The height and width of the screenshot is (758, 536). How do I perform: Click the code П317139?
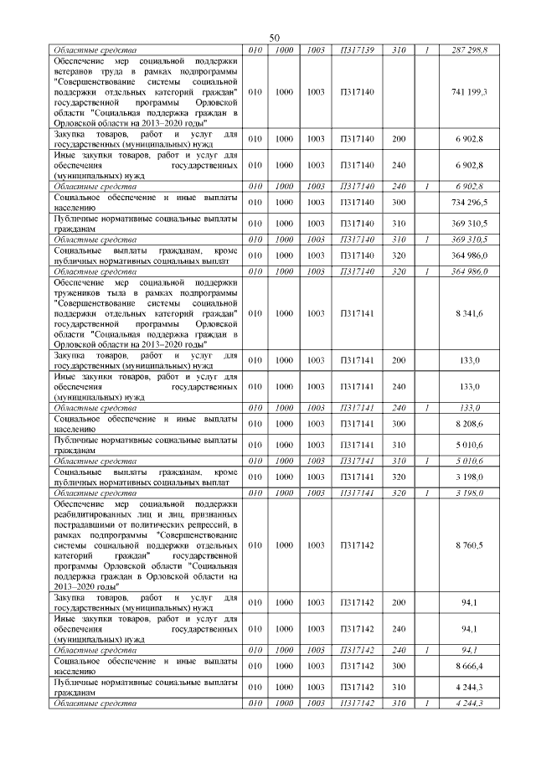(356, 50)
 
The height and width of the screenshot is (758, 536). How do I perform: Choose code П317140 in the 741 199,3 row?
(356, 91)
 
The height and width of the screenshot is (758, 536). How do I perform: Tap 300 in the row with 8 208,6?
(399, 425)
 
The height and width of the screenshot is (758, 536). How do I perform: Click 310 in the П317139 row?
(399, 50)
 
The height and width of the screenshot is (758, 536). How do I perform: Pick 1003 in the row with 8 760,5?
(316, 545)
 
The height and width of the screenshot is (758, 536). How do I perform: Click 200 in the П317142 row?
(399, 602)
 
